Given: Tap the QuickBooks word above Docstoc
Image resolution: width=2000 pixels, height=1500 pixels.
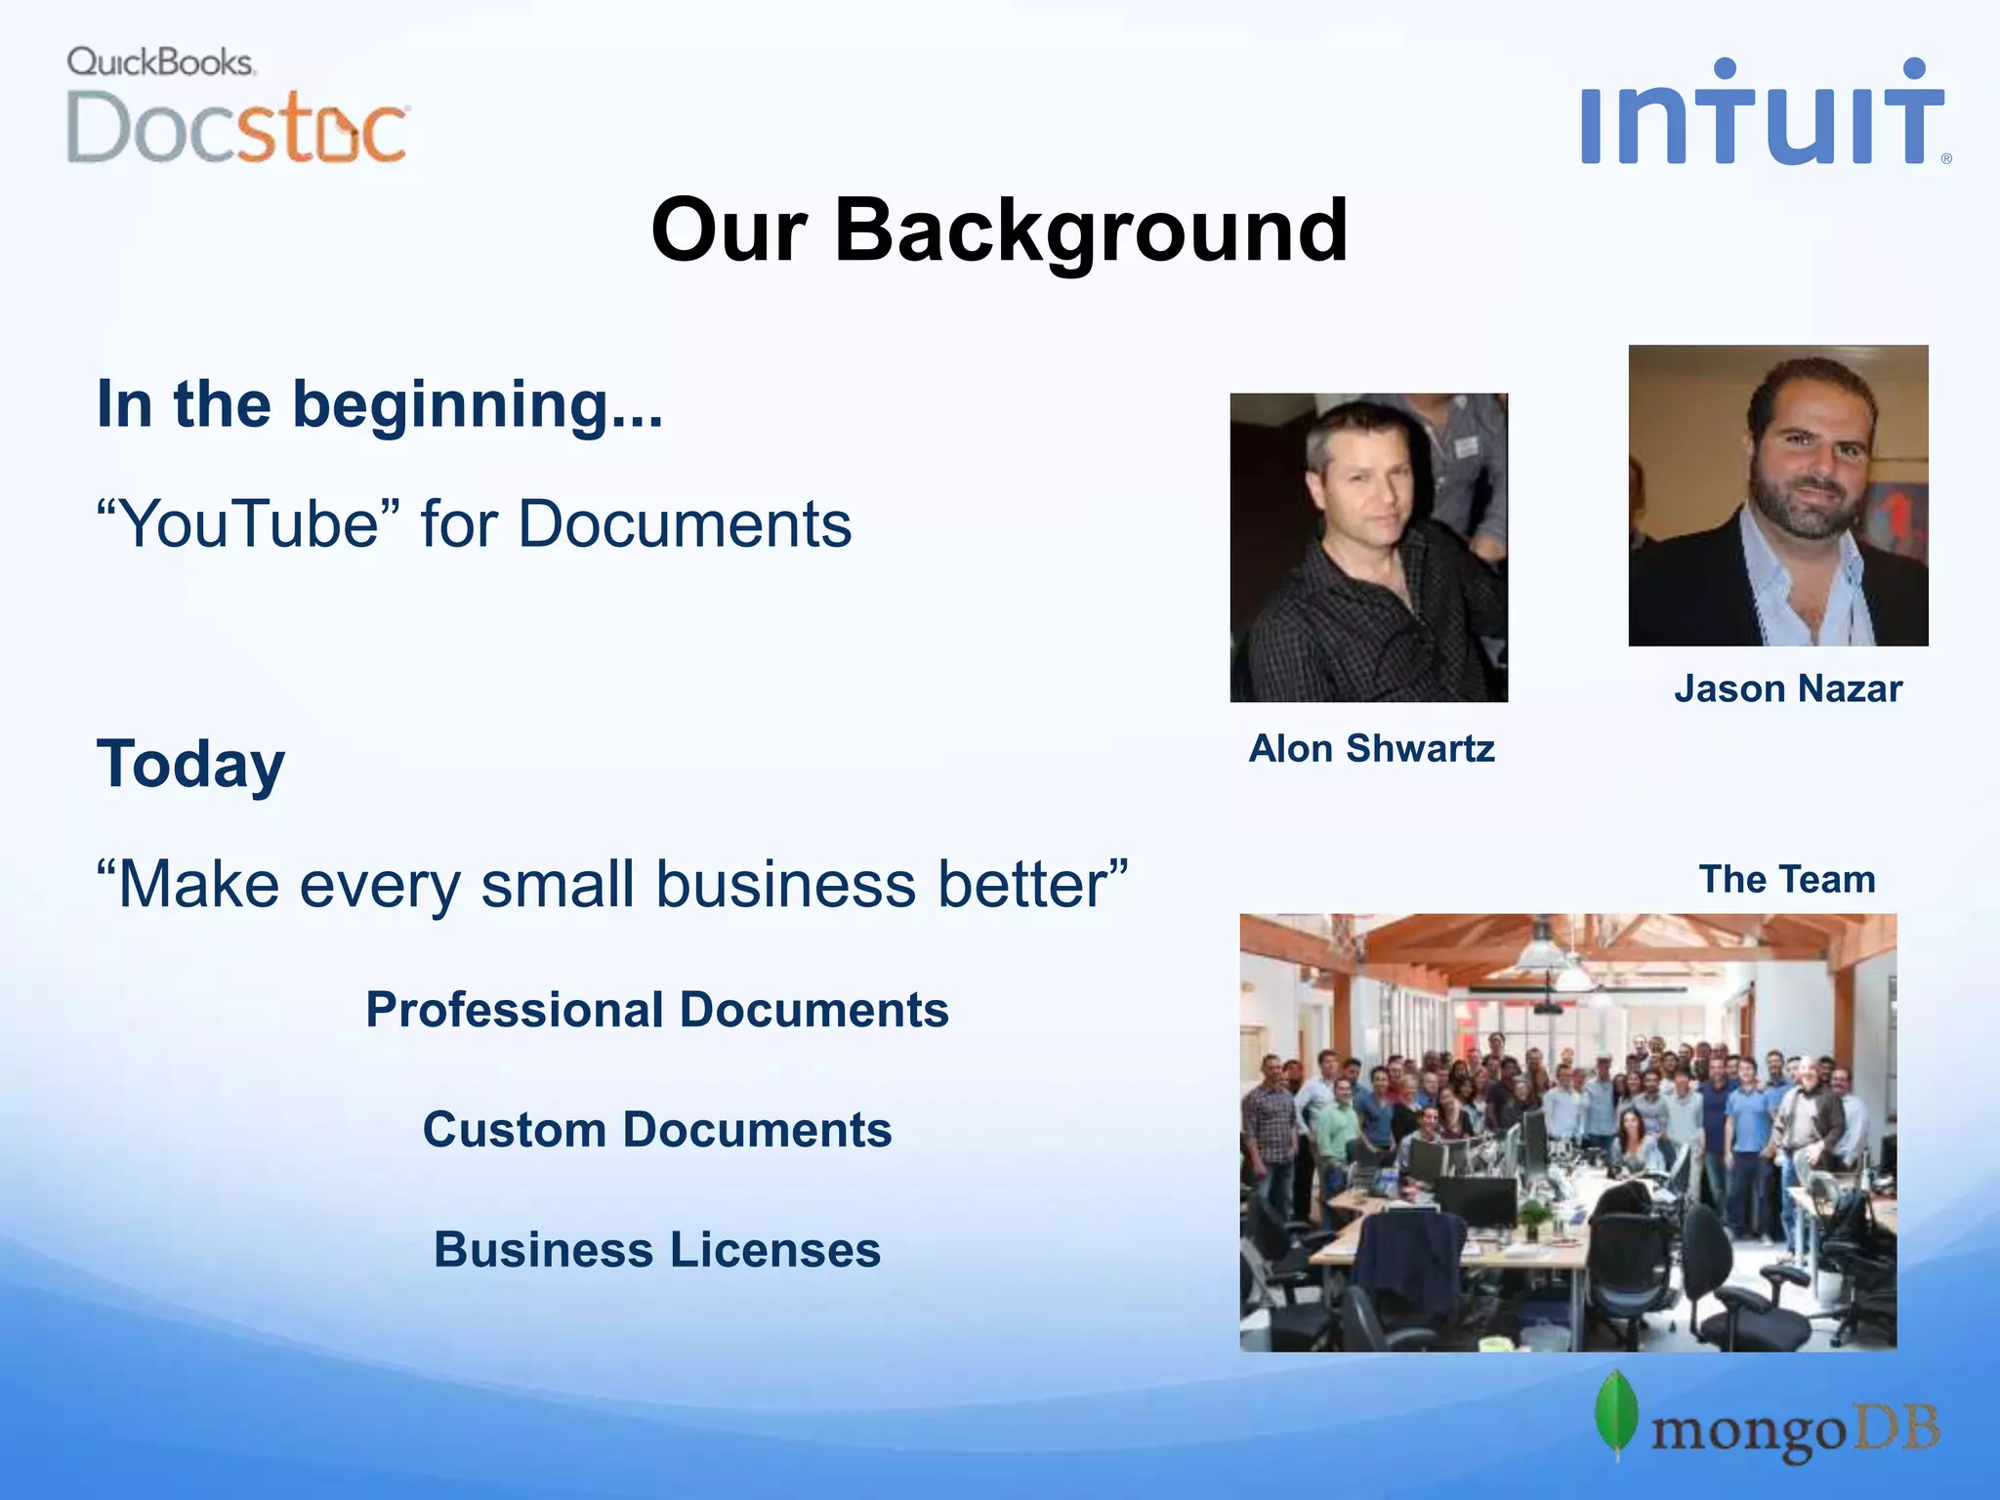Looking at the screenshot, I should [x=160, y=62].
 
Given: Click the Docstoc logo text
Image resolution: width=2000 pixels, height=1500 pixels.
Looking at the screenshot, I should [x=236, y=129].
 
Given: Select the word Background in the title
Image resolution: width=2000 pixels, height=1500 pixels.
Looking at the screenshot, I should [x=1091, y=231].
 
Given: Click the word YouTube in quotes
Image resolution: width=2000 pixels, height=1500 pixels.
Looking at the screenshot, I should [x=249, y=524].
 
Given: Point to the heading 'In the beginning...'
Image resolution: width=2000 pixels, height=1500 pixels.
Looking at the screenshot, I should [x=379, y=404].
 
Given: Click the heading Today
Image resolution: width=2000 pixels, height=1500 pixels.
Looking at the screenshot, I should [x=190, y=765].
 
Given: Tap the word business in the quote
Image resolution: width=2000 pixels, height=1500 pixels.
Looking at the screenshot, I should [x=785, y=885].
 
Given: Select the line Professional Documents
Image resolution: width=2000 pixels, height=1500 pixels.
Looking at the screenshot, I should [x=656, y=1010].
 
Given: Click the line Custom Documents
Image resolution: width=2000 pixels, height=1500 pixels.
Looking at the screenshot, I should [x=656, y=1130].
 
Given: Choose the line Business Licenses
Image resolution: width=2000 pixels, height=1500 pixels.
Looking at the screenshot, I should [x=656, y=1250].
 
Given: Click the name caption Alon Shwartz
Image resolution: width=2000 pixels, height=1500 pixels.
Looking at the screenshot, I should [x=1371, y=749].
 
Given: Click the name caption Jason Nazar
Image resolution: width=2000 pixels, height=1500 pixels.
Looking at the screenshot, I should [x=1787, y=689].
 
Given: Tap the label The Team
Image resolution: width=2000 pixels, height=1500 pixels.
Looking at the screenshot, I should [x=1786, y=880].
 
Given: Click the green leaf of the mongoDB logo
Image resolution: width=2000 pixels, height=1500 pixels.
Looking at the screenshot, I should [x=1616, y=1413].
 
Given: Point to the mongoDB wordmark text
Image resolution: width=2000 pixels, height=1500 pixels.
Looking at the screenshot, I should [x=1794, y=1432].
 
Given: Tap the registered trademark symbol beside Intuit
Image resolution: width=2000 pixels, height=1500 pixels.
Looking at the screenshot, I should [x=1945, y=158].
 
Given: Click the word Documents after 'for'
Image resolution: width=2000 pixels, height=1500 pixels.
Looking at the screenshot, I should [x=684, y=524].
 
